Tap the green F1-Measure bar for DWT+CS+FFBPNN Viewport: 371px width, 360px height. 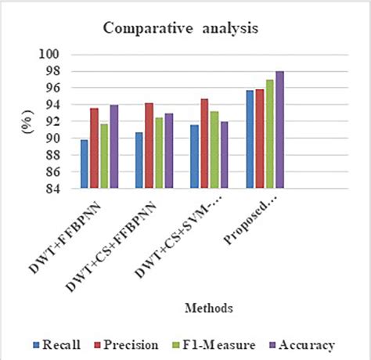[x=159, y=153]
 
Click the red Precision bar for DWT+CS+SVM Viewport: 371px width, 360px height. [x=204, y=144]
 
